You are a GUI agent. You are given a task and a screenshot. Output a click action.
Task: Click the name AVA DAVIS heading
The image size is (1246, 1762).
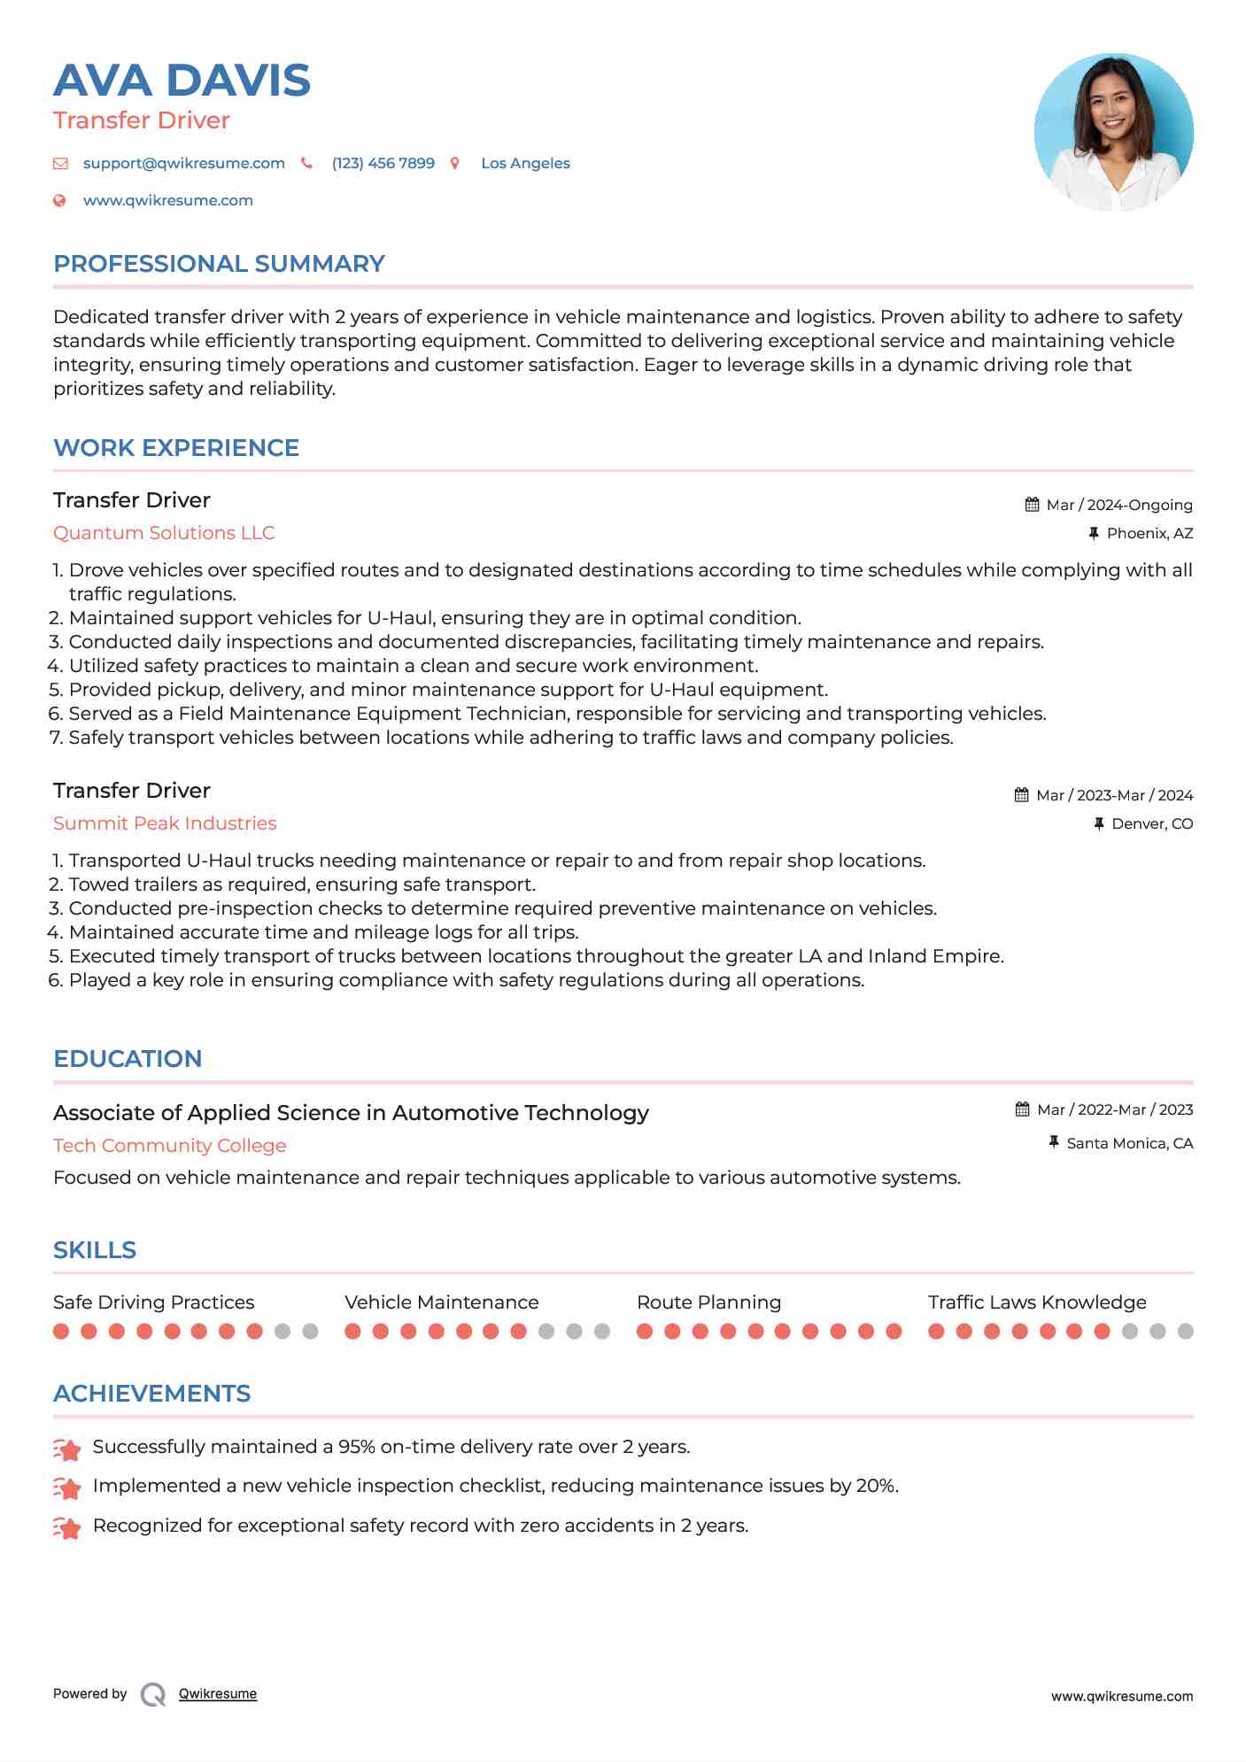pyautogui.click(x=182, y=81)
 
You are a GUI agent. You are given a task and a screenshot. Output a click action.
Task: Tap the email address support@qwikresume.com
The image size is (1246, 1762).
pyautogui.click(x=183, y=164)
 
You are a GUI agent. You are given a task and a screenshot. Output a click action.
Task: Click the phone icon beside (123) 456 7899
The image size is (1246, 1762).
pyautogui.click(x=306, y=163)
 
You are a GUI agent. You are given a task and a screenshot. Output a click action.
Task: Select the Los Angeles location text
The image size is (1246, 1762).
pyautogui.click(x=525, y=164)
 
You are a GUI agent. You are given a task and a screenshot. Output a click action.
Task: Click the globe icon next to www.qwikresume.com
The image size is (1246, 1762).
pyautogui.click(x=59, y=201)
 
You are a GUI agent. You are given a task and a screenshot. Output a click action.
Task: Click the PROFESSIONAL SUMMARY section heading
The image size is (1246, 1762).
pyautogui.click(x=219, y=264)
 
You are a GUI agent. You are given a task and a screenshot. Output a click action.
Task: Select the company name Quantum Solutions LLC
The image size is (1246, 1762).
pyautogui.click(x=164, y=533)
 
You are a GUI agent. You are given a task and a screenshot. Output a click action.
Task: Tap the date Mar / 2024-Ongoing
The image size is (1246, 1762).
pyautogui.click(x=1118, y=506)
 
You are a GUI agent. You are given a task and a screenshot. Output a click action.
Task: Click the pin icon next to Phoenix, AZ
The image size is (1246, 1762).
pyautogui.click(x=1094, y=533)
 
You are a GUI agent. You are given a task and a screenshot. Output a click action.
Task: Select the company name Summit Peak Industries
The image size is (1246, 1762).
pyautogui.click(x=165, y=823)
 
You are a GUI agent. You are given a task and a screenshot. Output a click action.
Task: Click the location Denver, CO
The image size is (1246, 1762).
pyautogui.click(x=1151, y=824)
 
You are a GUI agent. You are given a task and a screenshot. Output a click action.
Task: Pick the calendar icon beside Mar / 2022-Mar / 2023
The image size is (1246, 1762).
pyautogui.click(x=1022, y=1109)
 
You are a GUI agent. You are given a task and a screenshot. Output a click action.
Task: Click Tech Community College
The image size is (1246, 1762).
pyautogui.click(x=169, y=1146)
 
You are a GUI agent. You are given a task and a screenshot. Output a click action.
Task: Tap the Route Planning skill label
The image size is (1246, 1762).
pyautogui.click(x=708, y=1302)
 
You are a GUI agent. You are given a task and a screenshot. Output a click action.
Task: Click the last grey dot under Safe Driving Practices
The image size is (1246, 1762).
pyautogui.click(x=310, y=1332)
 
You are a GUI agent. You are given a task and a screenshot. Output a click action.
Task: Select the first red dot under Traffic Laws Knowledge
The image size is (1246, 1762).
pyautogui.click(x=936, y=1332)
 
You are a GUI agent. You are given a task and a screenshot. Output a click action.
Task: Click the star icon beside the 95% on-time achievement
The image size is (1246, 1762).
pyautogui.click(x=67, y=1449)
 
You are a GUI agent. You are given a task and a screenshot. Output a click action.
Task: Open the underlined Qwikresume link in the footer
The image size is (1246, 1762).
pyautogui.click(x=218, y=1694)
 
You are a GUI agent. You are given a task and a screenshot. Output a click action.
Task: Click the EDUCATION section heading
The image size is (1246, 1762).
pyautogui.click(x=128, y=1059)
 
